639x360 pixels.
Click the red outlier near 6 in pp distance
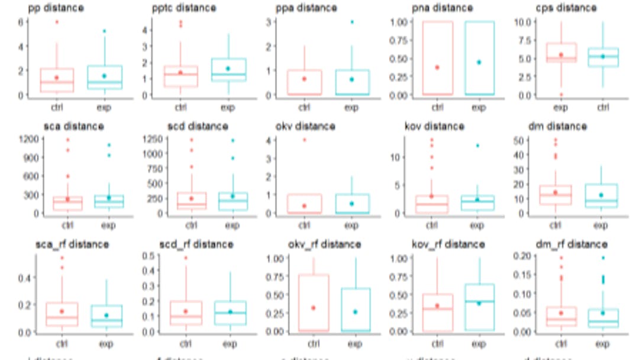pyautogui.click(x=57, y=22)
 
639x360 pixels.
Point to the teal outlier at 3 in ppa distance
pyautogui.click(x=351, y=22)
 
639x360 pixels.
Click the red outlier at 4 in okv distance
pyautogui.click(x=304, y=140)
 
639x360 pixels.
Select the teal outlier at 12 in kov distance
pyautogui.click(x=477, y=146)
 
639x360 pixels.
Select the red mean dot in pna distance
pyautogui.click(x=438, y=67)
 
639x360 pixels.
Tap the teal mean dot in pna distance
pyautogui.click(x=479, y=62)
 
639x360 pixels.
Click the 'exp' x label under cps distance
pyautogui.click(x=560, y=108)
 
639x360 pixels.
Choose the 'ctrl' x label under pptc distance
pyautogui.click(x=180, y=108)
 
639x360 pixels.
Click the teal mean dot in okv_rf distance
pyautogui.click(x=355, y=312)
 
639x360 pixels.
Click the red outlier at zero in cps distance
pyautogui.click(x=561, y=95)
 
